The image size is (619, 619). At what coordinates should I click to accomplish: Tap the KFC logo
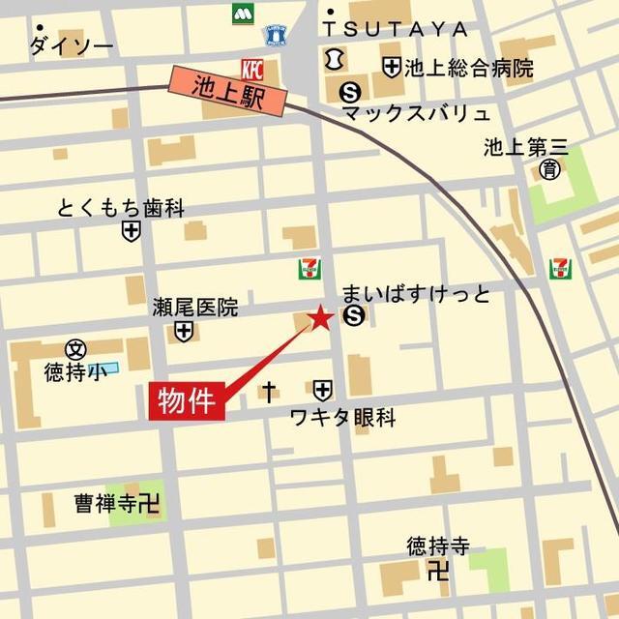(x=251, y=70)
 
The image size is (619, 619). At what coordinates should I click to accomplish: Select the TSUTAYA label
(x=398, y=29)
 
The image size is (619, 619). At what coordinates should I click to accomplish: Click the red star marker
(x=320, y=318)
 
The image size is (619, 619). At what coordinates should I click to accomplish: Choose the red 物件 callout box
(x=187, y=400)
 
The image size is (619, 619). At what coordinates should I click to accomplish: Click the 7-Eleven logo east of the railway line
(x=560, y=269)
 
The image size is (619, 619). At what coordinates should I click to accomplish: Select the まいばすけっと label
(x=417, y=294)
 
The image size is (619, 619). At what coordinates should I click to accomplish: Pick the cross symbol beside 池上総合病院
(x=391, y=68)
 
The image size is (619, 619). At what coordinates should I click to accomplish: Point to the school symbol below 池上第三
(x=549, y=171)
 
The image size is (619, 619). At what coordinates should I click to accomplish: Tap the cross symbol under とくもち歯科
(x=131, y=231)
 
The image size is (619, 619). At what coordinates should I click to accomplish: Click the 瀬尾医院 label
(x=194, y=308)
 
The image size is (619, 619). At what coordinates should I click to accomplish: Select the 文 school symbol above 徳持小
(x=75, y=348)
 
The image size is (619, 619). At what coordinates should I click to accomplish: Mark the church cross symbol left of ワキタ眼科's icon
(x=269, y=391)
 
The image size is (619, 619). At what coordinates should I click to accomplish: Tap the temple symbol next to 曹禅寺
(x=148, y=503)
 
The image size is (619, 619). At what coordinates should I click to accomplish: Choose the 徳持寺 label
(x=437, y=546)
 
